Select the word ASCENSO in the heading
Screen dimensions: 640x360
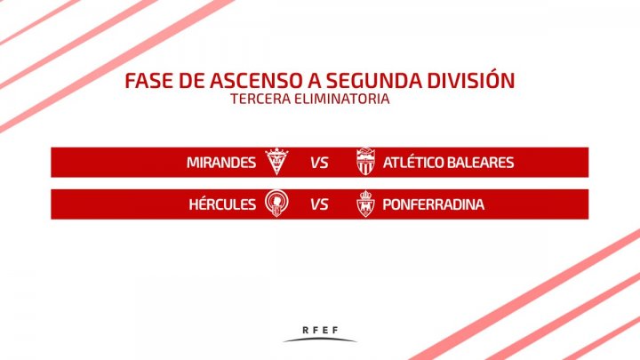(255, 80)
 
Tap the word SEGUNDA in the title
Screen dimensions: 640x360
(374, 80)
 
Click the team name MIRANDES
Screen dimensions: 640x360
(221, 163)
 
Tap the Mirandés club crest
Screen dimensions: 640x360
(276, 162)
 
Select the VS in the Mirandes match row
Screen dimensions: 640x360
(319, 163)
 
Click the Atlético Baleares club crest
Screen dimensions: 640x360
(365, 162)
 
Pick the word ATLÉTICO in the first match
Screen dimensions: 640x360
(413, 162)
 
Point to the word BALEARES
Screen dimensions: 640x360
(480, 163)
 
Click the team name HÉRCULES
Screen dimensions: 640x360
(222, 204)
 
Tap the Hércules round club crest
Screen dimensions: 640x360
(276, 204)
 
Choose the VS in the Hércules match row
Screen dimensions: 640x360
(319, 204)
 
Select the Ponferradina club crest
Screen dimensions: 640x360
(365, 204)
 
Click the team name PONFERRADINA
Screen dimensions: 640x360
(434, 204)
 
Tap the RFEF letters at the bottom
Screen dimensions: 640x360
(320, 330)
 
